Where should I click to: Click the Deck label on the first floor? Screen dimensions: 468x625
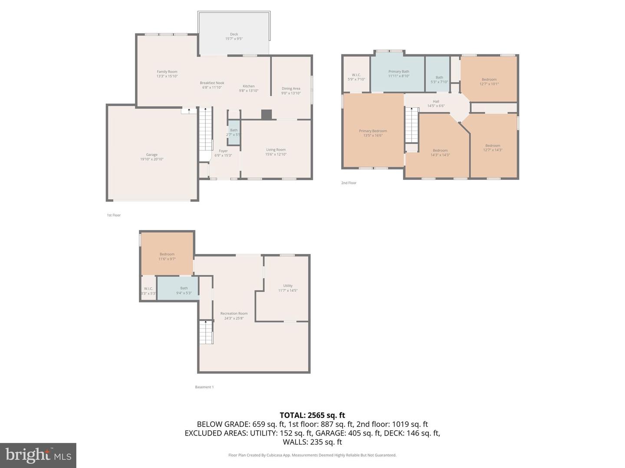pyautogui.click(x=234, y=34)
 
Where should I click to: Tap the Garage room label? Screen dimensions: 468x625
pyautogui.click(x=151, y=155)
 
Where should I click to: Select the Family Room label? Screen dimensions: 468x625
pyautogui.click(x=167, y=72)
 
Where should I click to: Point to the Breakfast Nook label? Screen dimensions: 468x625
pyautogui.click(x=212, y=83)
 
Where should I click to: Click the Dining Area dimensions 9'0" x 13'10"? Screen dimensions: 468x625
pyautogui.click(x=291, y=93)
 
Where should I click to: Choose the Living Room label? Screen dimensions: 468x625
pyautogui.click(x=276, y=150)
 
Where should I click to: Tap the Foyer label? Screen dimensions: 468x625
pyautogui.click(x=223, y=151)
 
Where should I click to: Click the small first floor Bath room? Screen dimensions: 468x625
pyautogui.click(x=234, y=132)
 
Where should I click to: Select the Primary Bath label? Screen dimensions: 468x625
pyautogui.click(x=398, y=71)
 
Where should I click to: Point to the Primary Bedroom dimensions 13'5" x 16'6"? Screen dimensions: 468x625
pyautogui.click(x=373, y=136)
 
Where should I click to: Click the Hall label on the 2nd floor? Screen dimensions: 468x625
pyautogui.click(x=436, y=101)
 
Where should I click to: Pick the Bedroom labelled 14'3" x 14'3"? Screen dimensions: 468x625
pyautogui.click(x=440, y=153)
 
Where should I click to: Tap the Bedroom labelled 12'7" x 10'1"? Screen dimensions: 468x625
pyautogui.click(x=489, y=81)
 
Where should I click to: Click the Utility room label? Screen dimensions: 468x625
pyautogui.click(x=288, y=286)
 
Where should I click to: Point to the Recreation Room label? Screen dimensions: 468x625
pyautogui.click(x=234, y=313)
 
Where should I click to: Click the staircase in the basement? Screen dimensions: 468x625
pyautogui.click(x=206, y=332)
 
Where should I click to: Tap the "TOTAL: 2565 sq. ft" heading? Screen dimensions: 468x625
pyautogui.click(x=312, y=415)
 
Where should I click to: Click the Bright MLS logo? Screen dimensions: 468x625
pyautogui.click(x=38, y=455)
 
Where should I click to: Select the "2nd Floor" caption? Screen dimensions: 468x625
pyautogui.click(x=349, y=183)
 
